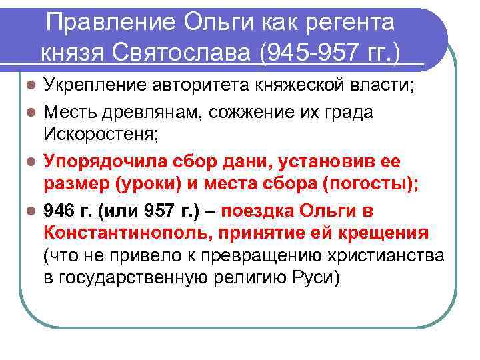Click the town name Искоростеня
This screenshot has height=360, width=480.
coord(101,135)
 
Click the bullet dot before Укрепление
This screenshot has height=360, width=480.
coord(28,86)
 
